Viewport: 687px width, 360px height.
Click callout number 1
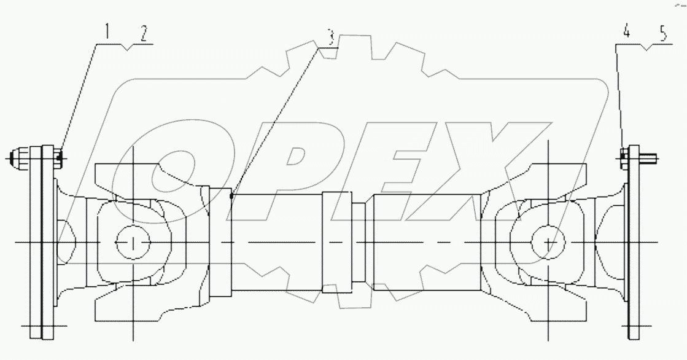[107, 31]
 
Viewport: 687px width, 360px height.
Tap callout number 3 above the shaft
[330, 38]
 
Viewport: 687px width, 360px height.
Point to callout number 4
[626, 33]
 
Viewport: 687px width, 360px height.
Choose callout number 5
[662, 34]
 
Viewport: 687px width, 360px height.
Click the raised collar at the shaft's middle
[336, 242]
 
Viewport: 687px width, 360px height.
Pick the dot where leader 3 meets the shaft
[231, 197]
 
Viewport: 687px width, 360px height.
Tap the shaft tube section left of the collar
[276, 242]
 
